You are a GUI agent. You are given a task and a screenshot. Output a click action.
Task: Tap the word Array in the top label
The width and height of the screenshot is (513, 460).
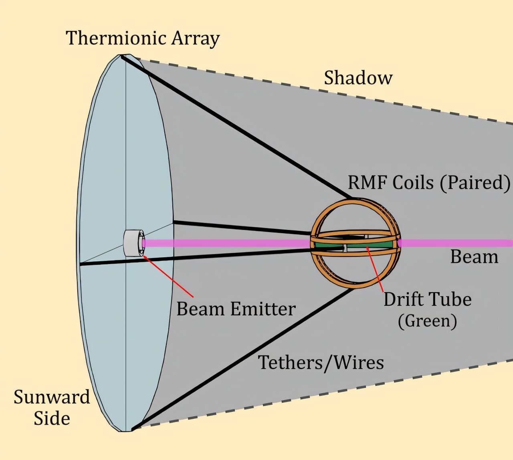[x=196, y=39]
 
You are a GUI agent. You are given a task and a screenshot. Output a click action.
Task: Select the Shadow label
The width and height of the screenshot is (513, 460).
[x=358, y=77]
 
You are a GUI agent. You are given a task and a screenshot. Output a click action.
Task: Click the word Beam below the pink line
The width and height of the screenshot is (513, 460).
[x=474, y=257]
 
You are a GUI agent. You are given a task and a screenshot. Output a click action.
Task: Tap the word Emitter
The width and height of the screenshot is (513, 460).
[x=262, y=309]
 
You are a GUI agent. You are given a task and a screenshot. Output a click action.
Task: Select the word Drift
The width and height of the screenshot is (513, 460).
[x=402, y=299]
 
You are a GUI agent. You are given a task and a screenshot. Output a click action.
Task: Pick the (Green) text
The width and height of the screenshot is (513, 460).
[x=427, y=321]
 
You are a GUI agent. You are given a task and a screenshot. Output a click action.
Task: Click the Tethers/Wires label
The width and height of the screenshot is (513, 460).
[x=321, y=363]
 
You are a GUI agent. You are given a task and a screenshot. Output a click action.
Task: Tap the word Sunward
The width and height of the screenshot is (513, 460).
[x=52, y=397]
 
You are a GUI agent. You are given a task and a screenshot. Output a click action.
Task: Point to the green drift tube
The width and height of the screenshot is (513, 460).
[x=355, y=245]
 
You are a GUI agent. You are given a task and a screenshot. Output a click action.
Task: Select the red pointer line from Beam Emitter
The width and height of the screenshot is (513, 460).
[x=168, y=276]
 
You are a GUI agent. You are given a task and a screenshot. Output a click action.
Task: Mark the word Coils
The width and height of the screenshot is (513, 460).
[x=412, y=183]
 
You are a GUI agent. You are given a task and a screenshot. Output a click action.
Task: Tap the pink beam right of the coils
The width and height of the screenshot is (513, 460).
[x=456, y=243]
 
